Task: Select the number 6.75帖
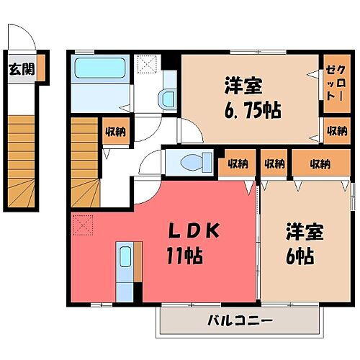point(246,112)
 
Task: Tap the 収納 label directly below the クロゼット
point(333,131)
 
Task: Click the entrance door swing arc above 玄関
point(22,36)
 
